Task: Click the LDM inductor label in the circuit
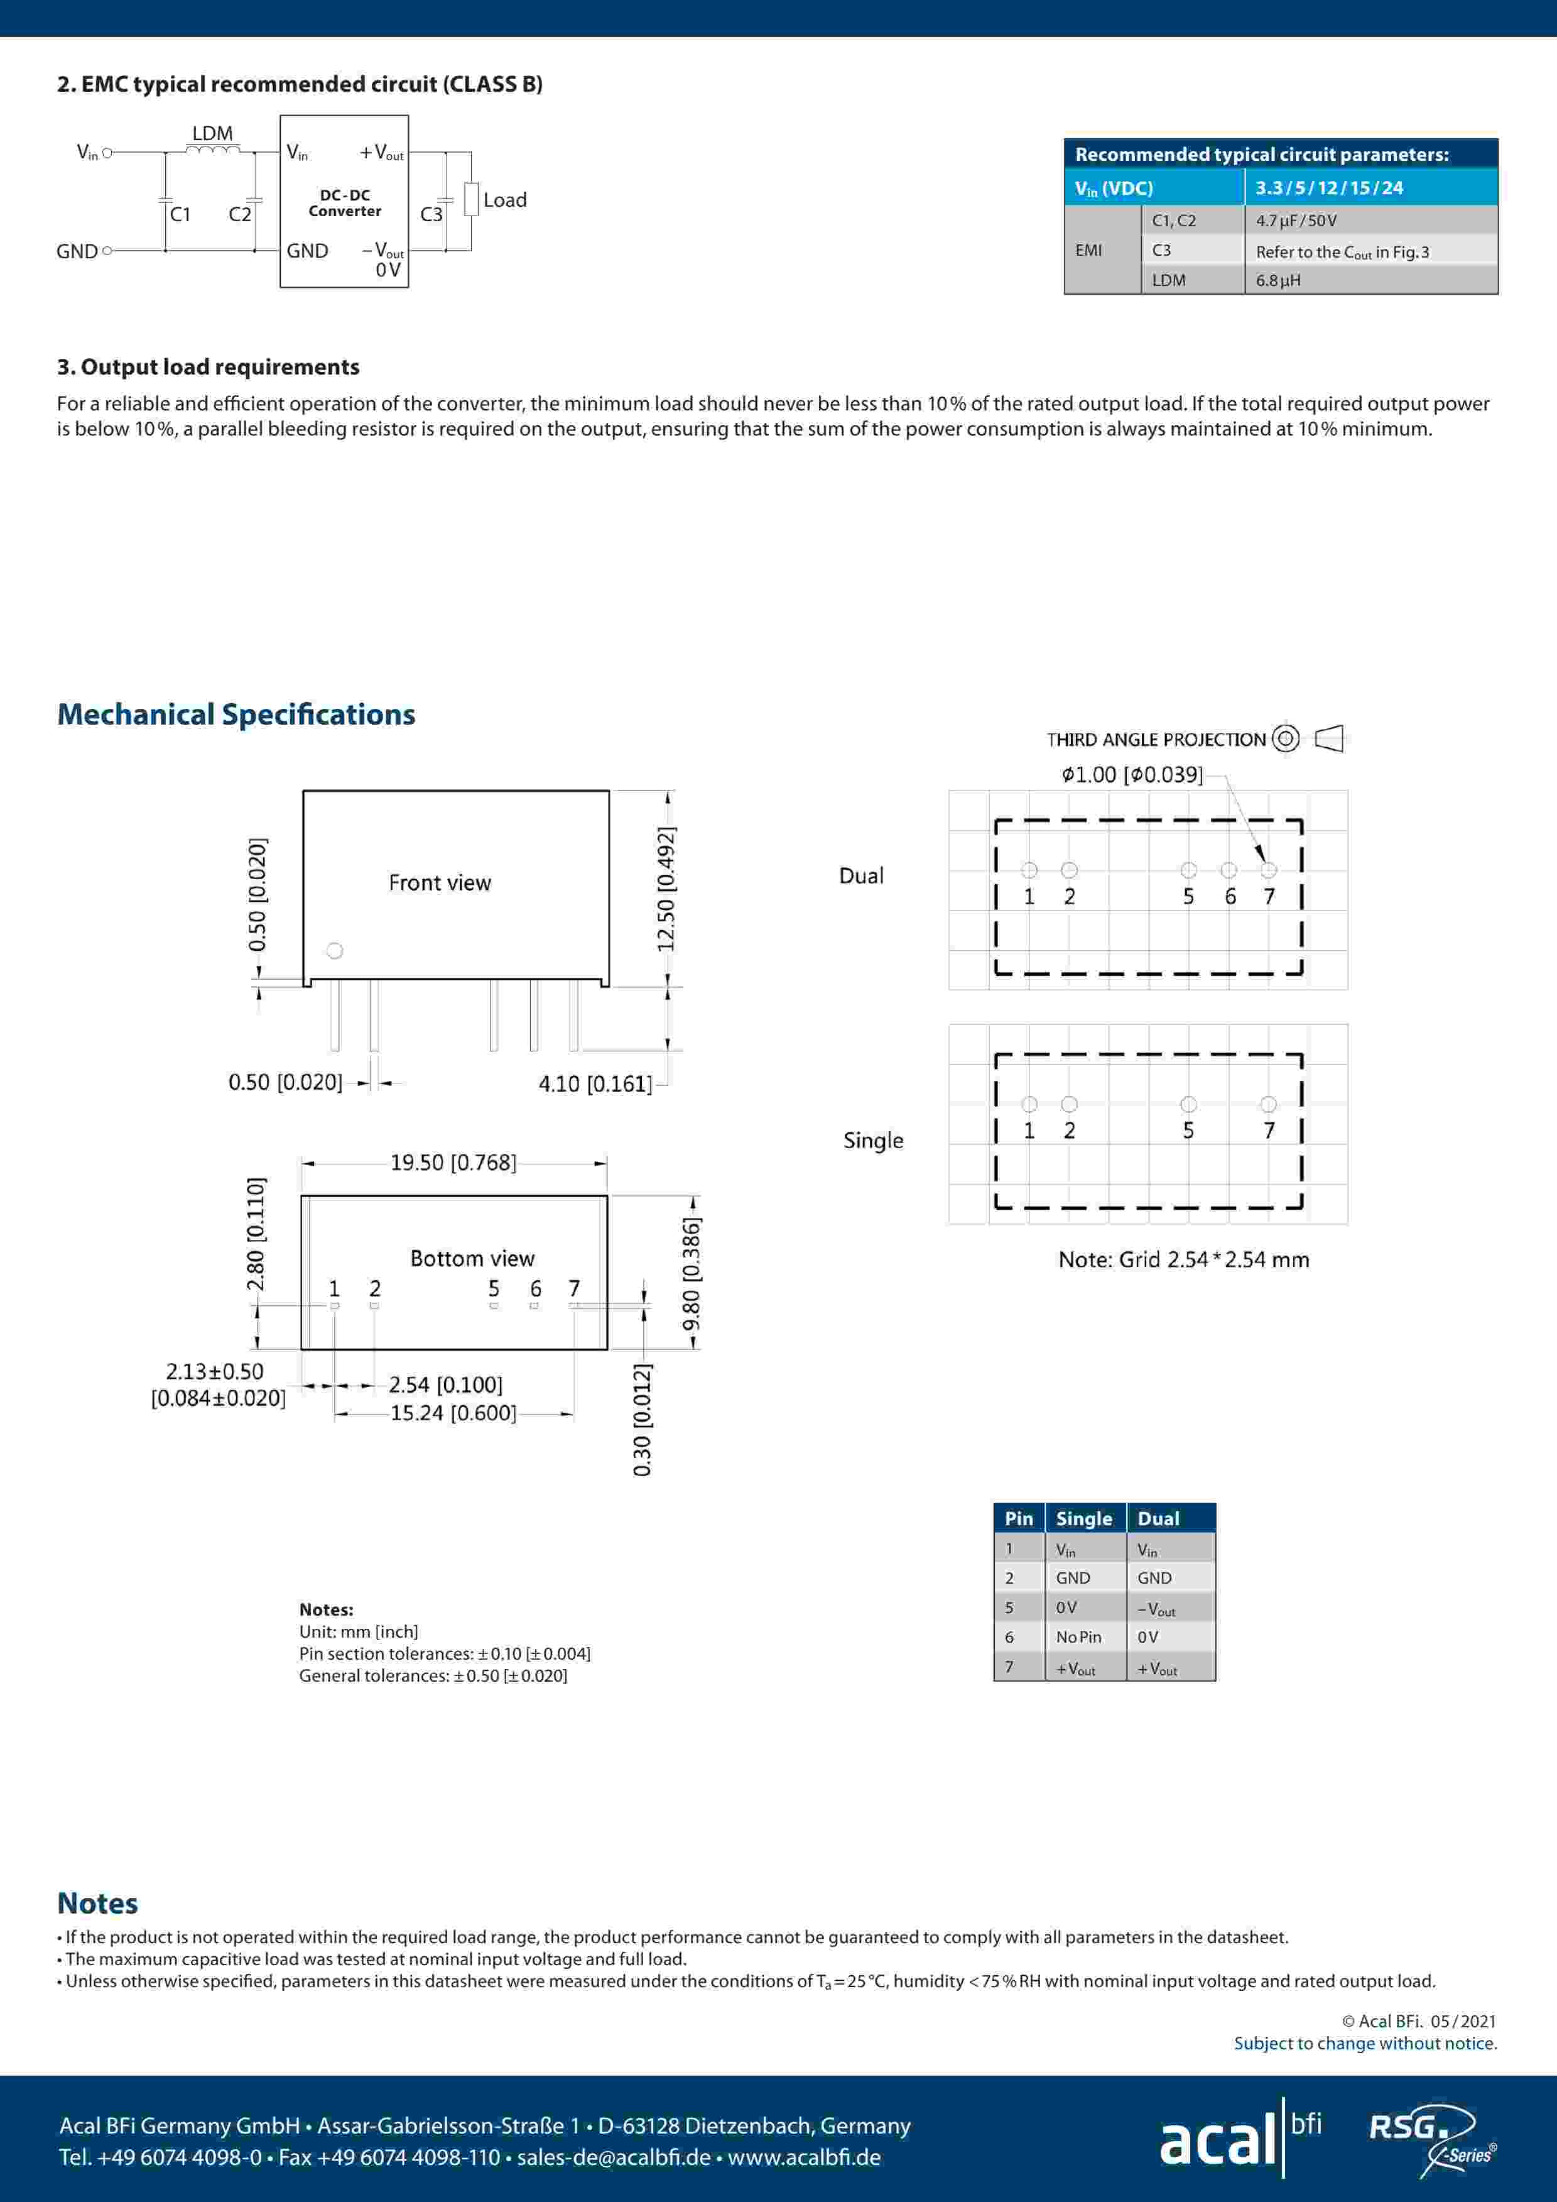click(212, 133)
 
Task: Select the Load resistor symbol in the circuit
click(471, 199)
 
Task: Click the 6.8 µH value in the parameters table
click(1278, 280)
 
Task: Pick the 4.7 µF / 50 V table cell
click(1296, 221)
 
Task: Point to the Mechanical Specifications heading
click(236, 715)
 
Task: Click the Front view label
click(439, 882)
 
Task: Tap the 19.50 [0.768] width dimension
click(452, 1163)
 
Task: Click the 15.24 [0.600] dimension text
click(452, 1413)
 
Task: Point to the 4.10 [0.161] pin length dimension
click(594, 1084)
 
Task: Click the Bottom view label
click(472, 1258)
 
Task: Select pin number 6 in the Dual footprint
click(1230, 897)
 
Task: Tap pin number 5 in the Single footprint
click(1188, 1131)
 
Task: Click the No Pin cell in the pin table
click(1078, 1637)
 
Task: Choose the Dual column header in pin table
click(1158, 1518)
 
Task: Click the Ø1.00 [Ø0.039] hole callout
click(1131, 774)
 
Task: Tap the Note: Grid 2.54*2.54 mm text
click(1183, 1259)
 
